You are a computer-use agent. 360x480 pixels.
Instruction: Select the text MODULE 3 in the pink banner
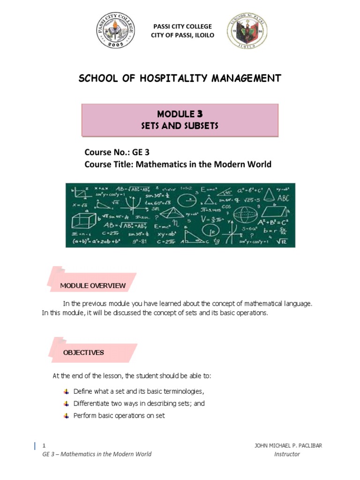(180, 114)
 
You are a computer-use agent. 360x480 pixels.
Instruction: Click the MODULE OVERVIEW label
(93, 285)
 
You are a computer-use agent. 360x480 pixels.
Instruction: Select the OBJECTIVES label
(83, 352)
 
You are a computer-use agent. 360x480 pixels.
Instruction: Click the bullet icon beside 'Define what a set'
(66, 391)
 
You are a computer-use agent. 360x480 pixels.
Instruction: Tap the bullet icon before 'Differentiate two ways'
(66, 403)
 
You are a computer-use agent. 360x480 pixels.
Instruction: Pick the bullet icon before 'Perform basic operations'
(66, 416)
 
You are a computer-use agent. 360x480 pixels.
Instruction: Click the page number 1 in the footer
(44, 445)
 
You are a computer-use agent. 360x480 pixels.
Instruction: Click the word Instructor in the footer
(287, 454)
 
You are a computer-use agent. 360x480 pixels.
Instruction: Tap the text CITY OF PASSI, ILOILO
(182, 36)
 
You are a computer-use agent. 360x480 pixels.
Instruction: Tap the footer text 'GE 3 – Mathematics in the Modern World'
(97, 454)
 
